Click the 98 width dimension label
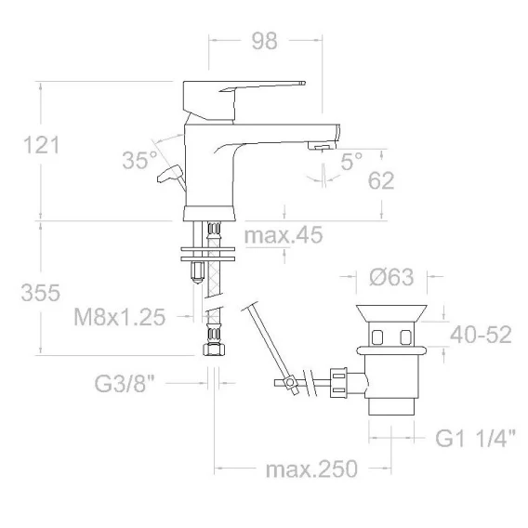(265, 41)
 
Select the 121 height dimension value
(42, 145)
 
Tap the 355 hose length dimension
(40, 292)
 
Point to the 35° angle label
(139, 160)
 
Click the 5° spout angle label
(351, 162)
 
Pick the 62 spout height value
(381, 180)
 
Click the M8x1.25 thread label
(120, 317)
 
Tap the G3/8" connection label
(125, 383)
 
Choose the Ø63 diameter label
(391, 277)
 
